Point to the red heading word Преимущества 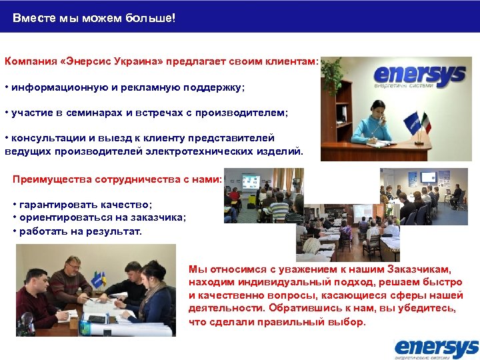[52, 179]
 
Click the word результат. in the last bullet [115, 231]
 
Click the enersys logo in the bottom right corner [436, 348]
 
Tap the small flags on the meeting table [101, 278]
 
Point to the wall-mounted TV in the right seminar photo [427, 177]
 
